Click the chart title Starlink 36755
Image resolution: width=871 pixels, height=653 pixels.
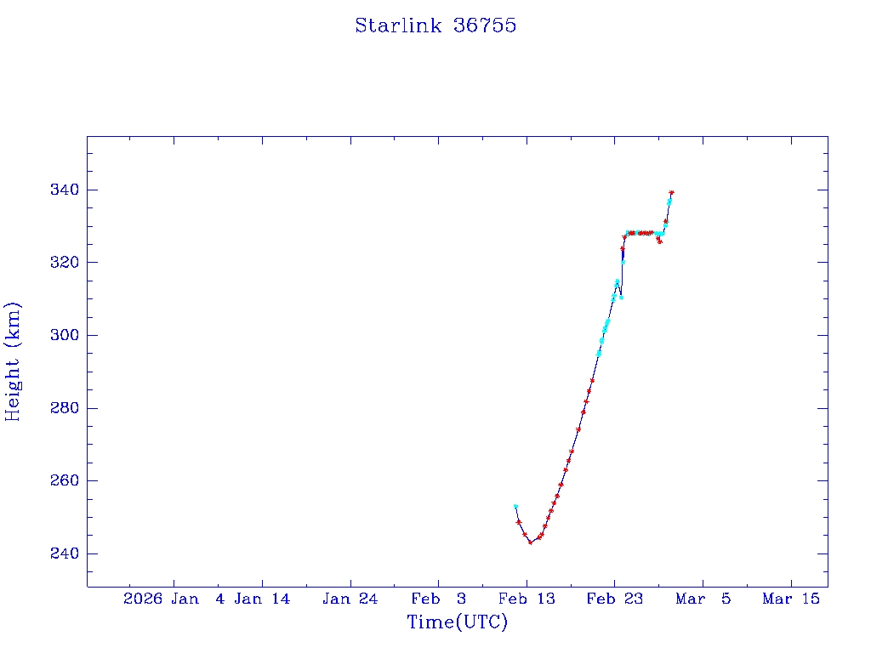(x=435, y=26)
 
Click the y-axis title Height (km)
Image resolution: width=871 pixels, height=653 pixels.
(x=13, y=361)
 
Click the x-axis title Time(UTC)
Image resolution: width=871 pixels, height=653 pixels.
(x=457, y=622)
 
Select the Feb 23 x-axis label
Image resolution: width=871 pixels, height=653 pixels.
(x=614, y=599)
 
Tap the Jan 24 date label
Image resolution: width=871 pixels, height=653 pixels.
(x=350, y=599)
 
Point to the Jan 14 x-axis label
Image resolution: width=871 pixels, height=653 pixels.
(x=262, y=599)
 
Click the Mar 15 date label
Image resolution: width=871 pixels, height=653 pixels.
(x=791, y=599)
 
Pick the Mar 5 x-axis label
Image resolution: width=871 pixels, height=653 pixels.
(x=703, y=599)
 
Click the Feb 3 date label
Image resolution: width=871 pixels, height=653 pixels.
(x=438, y=599)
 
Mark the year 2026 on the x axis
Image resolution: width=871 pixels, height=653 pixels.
(x=143, y=599)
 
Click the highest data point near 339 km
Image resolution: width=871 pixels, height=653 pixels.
(x=671, y=193)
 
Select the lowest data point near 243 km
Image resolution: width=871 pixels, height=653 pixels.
(x=531, y=542)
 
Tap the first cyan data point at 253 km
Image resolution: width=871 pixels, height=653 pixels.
(x=515, y=506)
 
